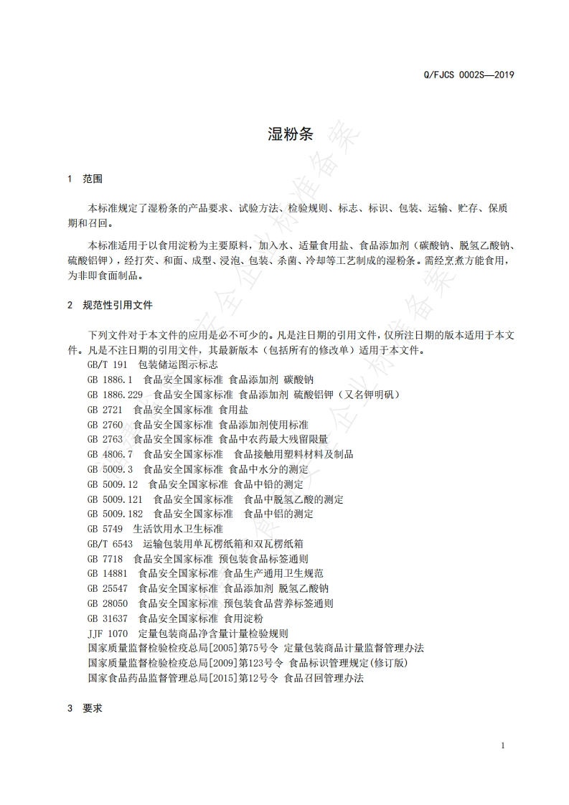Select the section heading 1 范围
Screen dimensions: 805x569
click(85, 179)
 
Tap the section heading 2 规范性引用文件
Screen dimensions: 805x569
click(110, 305)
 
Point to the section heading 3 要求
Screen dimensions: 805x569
click(85, 707)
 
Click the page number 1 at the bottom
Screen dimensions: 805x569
click(503, 745)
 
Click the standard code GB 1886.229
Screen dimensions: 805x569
click(115, 395)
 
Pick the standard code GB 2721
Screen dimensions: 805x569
click(105, 410)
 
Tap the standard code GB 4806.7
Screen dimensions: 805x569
click(110, 454)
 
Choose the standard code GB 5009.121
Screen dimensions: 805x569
click(115, 499)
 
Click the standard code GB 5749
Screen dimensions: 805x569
click(105, 529)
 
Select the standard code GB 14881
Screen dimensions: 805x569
click(108, 573)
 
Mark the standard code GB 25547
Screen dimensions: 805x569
click(108, 588)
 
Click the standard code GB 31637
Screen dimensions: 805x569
click(108, 618)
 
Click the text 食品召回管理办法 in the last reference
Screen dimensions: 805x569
click(324, 678)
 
